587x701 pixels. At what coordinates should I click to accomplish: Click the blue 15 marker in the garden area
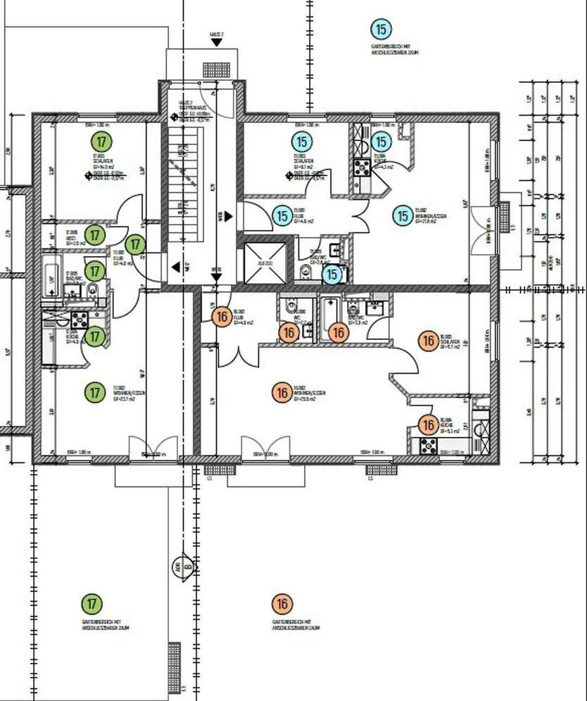[381, 29]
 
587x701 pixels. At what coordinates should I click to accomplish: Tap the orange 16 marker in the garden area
[282, 604]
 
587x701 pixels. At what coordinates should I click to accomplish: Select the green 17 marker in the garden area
[91, 603]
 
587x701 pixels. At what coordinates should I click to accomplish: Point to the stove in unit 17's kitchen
[79, 319]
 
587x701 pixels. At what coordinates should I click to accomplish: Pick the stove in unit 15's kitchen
[362, 168]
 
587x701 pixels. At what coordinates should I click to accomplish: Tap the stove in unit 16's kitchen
[429, 445]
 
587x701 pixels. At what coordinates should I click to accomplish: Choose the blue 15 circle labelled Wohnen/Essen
[403, 215]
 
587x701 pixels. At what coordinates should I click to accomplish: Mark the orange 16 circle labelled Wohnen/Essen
[282, 393]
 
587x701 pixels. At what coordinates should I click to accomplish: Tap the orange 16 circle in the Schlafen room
[428, 341]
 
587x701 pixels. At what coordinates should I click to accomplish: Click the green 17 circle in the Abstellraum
[94, 234]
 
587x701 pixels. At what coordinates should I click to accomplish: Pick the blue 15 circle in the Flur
[282, 216]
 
